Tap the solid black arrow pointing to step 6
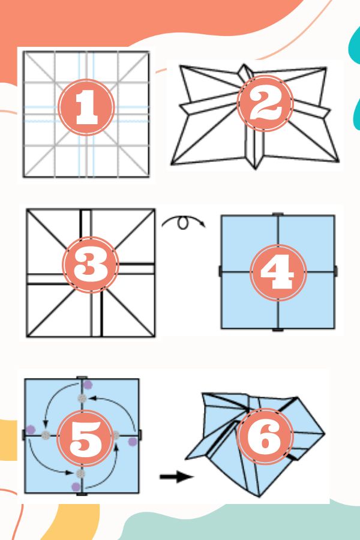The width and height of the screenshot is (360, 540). pyautogui.click(x=176, y=477)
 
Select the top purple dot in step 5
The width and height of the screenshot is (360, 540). pyautogui.click(x=88, y=385)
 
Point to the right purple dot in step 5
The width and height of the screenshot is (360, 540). pyautogui.click(x=132, y=442)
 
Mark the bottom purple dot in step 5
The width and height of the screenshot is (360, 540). pyautogui.click(x=76, y=486)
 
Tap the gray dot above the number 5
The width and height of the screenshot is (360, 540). pyautogui.click(x=82, y=398)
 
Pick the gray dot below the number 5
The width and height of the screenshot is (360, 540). pyautogui.click(x=82, y=473)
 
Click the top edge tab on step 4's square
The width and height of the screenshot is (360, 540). pyautogui.click(x=278, y=214)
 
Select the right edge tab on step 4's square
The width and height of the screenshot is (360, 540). pyautogui.click(x=335, y=271)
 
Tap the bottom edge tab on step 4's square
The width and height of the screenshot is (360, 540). pyautogui.click(x=278, y=329)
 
